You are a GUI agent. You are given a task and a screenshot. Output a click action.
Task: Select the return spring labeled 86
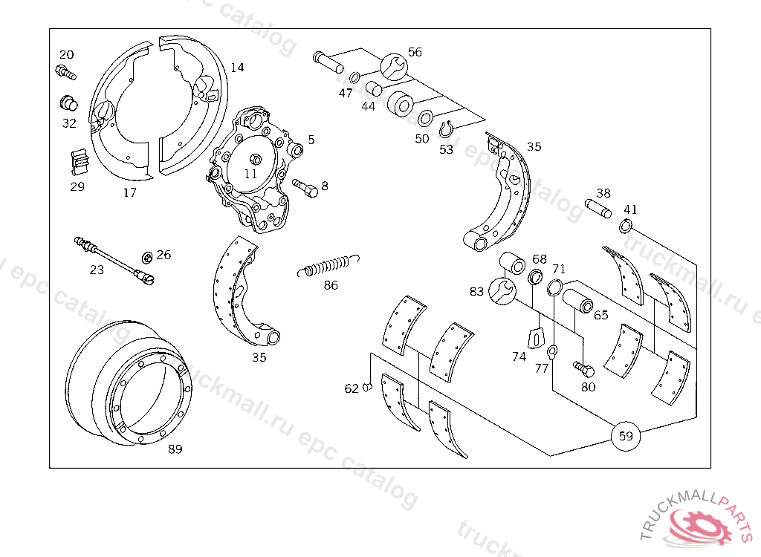pyautogui.click(x=330, y=265)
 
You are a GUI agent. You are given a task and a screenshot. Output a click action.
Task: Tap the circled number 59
pyautogui.click(x=626, y=436)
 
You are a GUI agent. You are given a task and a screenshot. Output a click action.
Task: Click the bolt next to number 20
pyautogui.click(x=65, y=72)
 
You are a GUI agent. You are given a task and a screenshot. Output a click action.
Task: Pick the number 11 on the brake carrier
pyautogui.click(x=250, y=174)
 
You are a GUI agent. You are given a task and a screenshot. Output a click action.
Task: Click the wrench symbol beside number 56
pyautogui.click(x=394, y=66)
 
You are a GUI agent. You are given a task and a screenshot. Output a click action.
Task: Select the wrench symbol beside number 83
pyautogui.click(x=502, y=290)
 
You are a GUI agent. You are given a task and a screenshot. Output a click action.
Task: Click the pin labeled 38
pyautogui.click(x=598, y=208)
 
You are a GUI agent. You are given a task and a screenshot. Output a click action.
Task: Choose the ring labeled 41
pyautogui.click(x=626, y=226)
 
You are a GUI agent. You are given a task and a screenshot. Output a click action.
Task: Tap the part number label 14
pyautogui.click(x=236, y=68)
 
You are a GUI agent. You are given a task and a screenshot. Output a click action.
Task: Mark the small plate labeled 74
pyautogui.click(x=535, y=337)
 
